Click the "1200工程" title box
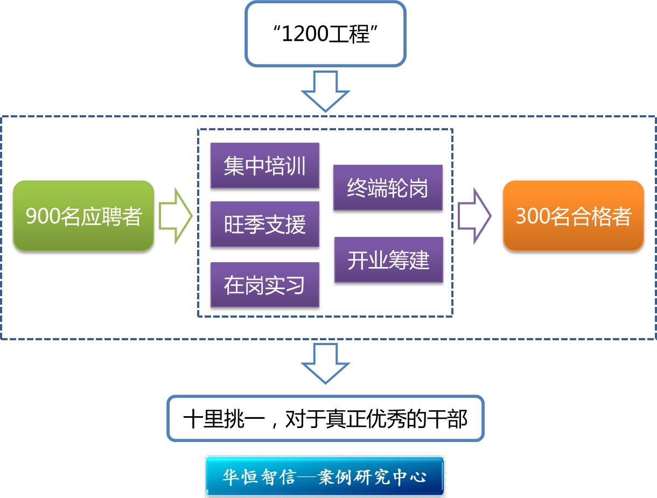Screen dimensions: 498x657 point(325,34)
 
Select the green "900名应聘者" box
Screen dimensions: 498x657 point(83,216)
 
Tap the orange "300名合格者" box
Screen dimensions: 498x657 point(573,216)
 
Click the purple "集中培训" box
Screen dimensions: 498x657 point(264,166)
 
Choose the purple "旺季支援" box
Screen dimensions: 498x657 point(264,225)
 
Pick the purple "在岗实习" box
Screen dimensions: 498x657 point(264,285)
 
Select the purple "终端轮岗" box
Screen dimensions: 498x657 point(388,187)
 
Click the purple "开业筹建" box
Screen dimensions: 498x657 point(388,259)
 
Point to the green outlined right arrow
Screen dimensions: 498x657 point(175,216)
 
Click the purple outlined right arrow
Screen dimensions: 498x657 point(474,216)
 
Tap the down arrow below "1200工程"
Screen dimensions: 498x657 point(325,91)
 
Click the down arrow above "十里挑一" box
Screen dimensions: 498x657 point(325,363)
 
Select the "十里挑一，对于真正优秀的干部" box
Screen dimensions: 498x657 point(325,418)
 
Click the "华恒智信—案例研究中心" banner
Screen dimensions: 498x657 point(325,476)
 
